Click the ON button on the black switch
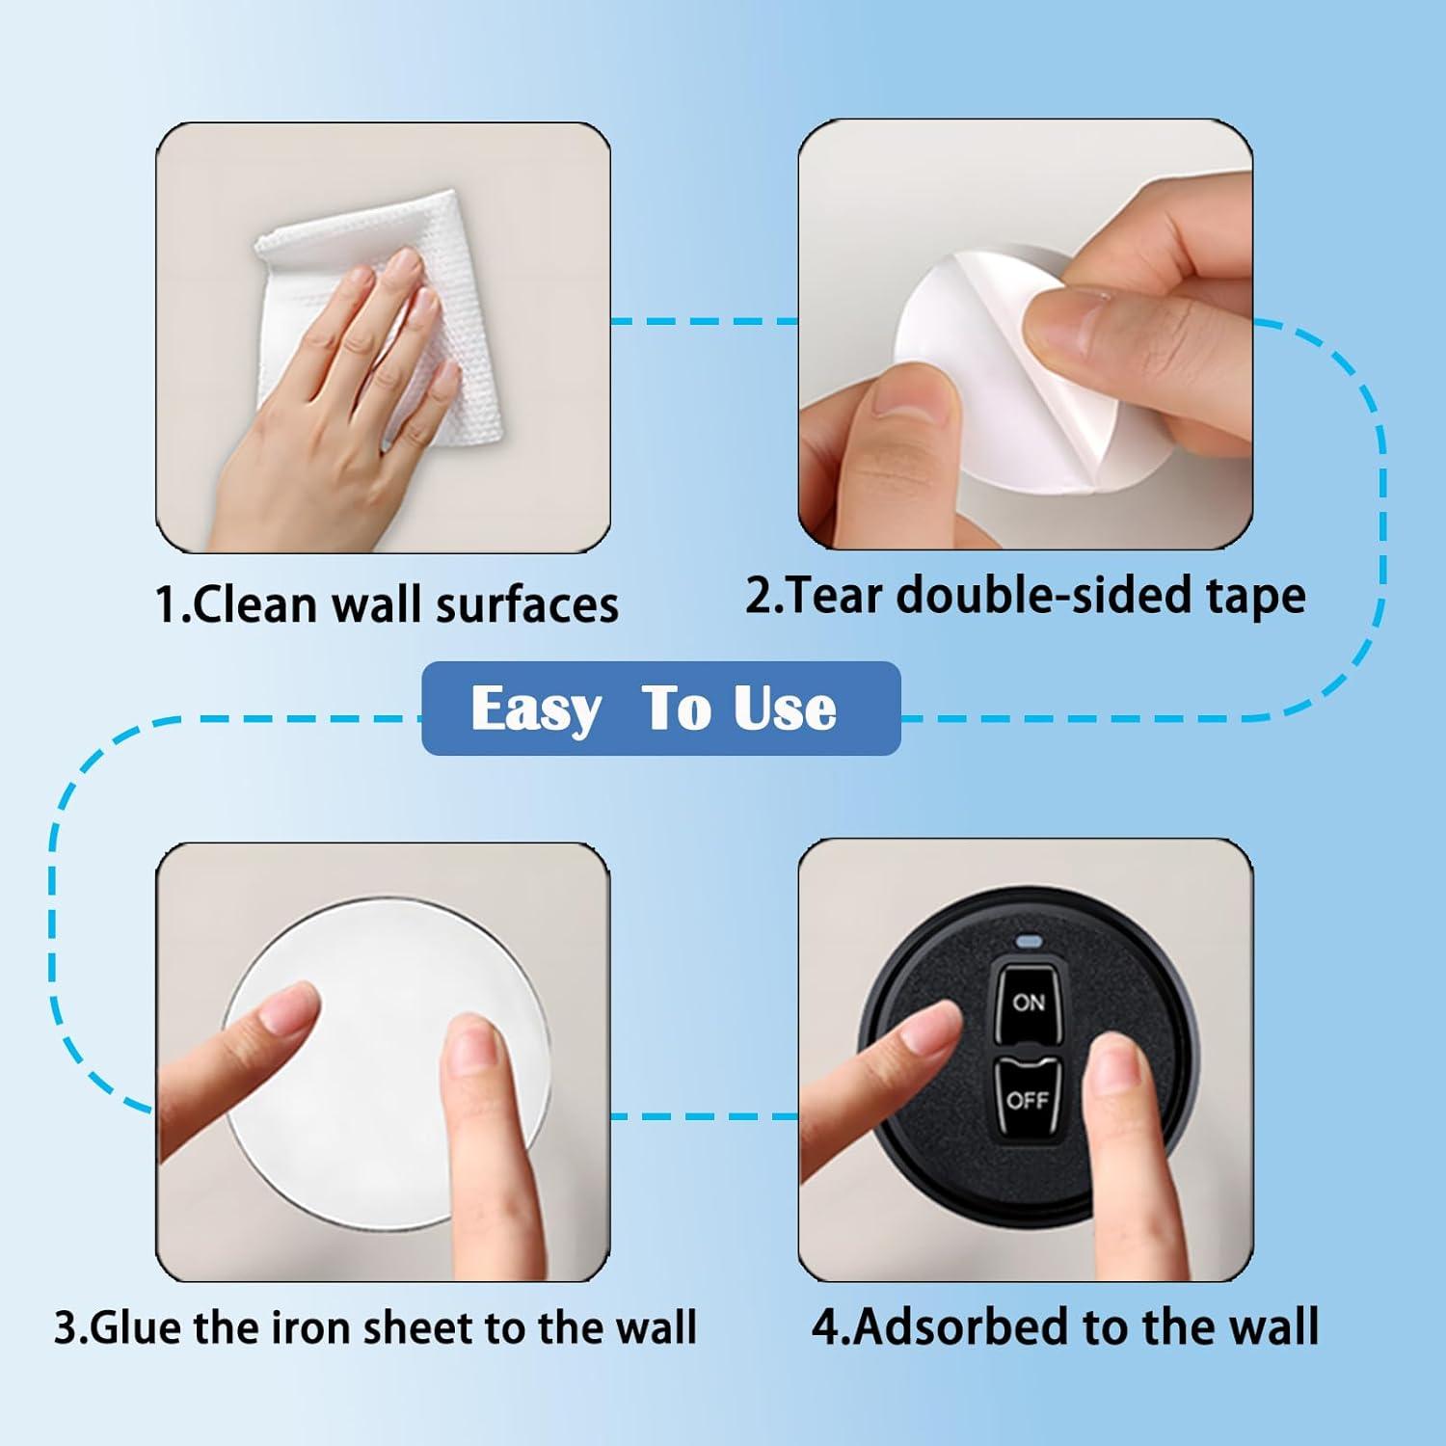[1028, 1003]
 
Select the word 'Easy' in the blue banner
[535, 710]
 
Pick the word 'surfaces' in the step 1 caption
[526, 605]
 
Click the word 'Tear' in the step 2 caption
[835, 595]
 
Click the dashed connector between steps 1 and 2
[705, 321]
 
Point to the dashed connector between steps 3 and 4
[705, 1116]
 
